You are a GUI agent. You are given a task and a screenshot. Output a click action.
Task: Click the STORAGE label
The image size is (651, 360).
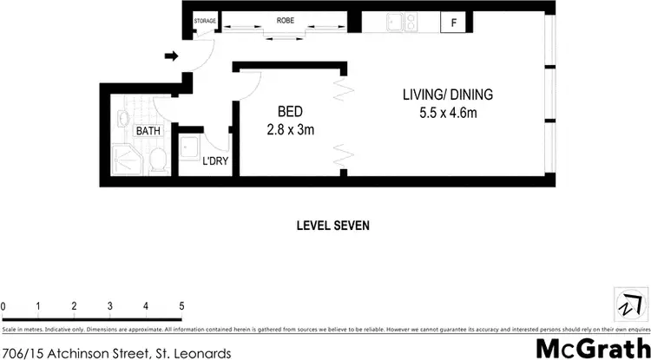pos(205,20)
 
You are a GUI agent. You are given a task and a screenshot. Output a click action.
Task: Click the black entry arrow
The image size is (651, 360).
pos(172,57)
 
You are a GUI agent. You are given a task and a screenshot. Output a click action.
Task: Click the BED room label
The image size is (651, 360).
pos(289,112)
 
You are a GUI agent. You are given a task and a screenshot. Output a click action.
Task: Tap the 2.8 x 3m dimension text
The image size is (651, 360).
pos(289,129)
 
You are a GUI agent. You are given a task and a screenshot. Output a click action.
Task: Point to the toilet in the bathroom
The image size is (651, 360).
pos(157,160)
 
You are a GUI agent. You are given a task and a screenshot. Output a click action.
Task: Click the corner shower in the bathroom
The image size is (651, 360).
pos(126,160)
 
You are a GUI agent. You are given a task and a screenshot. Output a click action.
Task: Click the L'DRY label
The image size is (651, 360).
pos(214,161)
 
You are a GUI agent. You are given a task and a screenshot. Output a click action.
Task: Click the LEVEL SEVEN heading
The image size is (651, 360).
pos(333,226)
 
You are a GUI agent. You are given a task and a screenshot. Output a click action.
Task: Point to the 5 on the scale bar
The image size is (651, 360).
pos(181,306)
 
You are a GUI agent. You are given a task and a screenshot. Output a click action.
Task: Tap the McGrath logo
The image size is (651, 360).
pos(593,347)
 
